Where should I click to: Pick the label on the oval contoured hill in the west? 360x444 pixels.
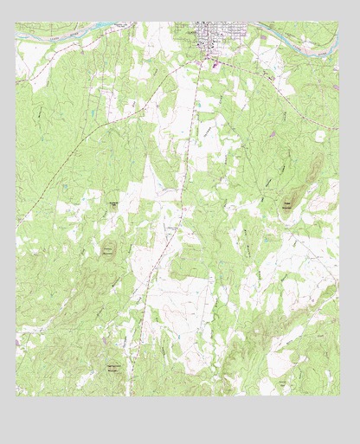(108, 250)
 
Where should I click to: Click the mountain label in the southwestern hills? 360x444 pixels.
(113, 367)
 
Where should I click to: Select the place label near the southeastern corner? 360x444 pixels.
(283, 382)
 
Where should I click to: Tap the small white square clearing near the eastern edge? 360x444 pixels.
(320, 136)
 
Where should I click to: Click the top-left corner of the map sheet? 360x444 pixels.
(16, 23)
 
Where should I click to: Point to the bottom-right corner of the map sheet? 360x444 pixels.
(338, 396)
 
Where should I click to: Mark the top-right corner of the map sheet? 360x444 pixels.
(338, 23)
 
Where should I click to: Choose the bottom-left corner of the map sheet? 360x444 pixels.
(16, 396)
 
